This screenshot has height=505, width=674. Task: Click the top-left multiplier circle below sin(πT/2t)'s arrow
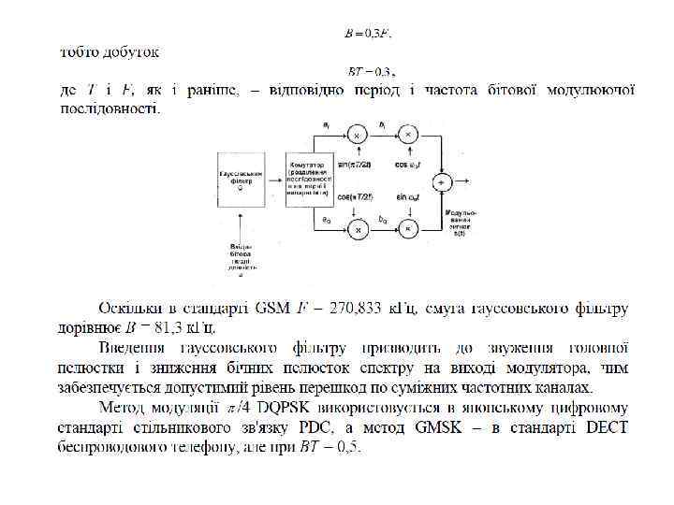pos(356,135)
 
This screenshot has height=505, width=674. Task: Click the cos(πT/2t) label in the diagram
pos(356,198)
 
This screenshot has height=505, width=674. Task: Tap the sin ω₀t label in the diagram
pos(408,198)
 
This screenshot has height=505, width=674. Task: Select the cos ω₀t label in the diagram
pos(408,166)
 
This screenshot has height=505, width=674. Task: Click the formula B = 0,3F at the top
pos(368,34)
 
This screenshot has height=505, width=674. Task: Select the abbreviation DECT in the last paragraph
pos(605,428)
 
